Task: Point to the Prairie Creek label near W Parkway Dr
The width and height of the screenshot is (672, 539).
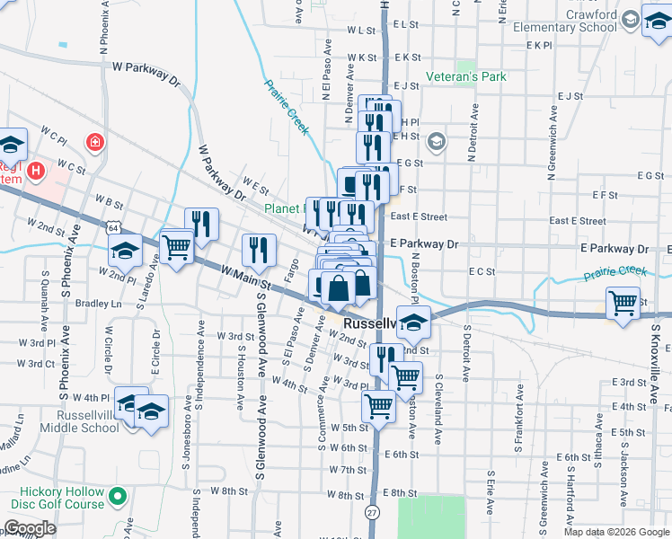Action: [287, 106]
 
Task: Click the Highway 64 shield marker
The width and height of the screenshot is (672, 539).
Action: [113, 228]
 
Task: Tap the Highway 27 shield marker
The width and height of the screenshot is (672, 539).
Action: [372, 511]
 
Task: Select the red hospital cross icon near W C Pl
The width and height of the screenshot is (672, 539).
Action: [93, 142]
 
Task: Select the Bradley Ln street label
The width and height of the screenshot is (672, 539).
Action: [99, 304]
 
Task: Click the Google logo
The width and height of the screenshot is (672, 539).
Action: [31, 527]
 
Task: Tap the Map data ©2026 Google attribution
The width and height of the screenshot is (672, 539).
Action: [615, 532]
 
